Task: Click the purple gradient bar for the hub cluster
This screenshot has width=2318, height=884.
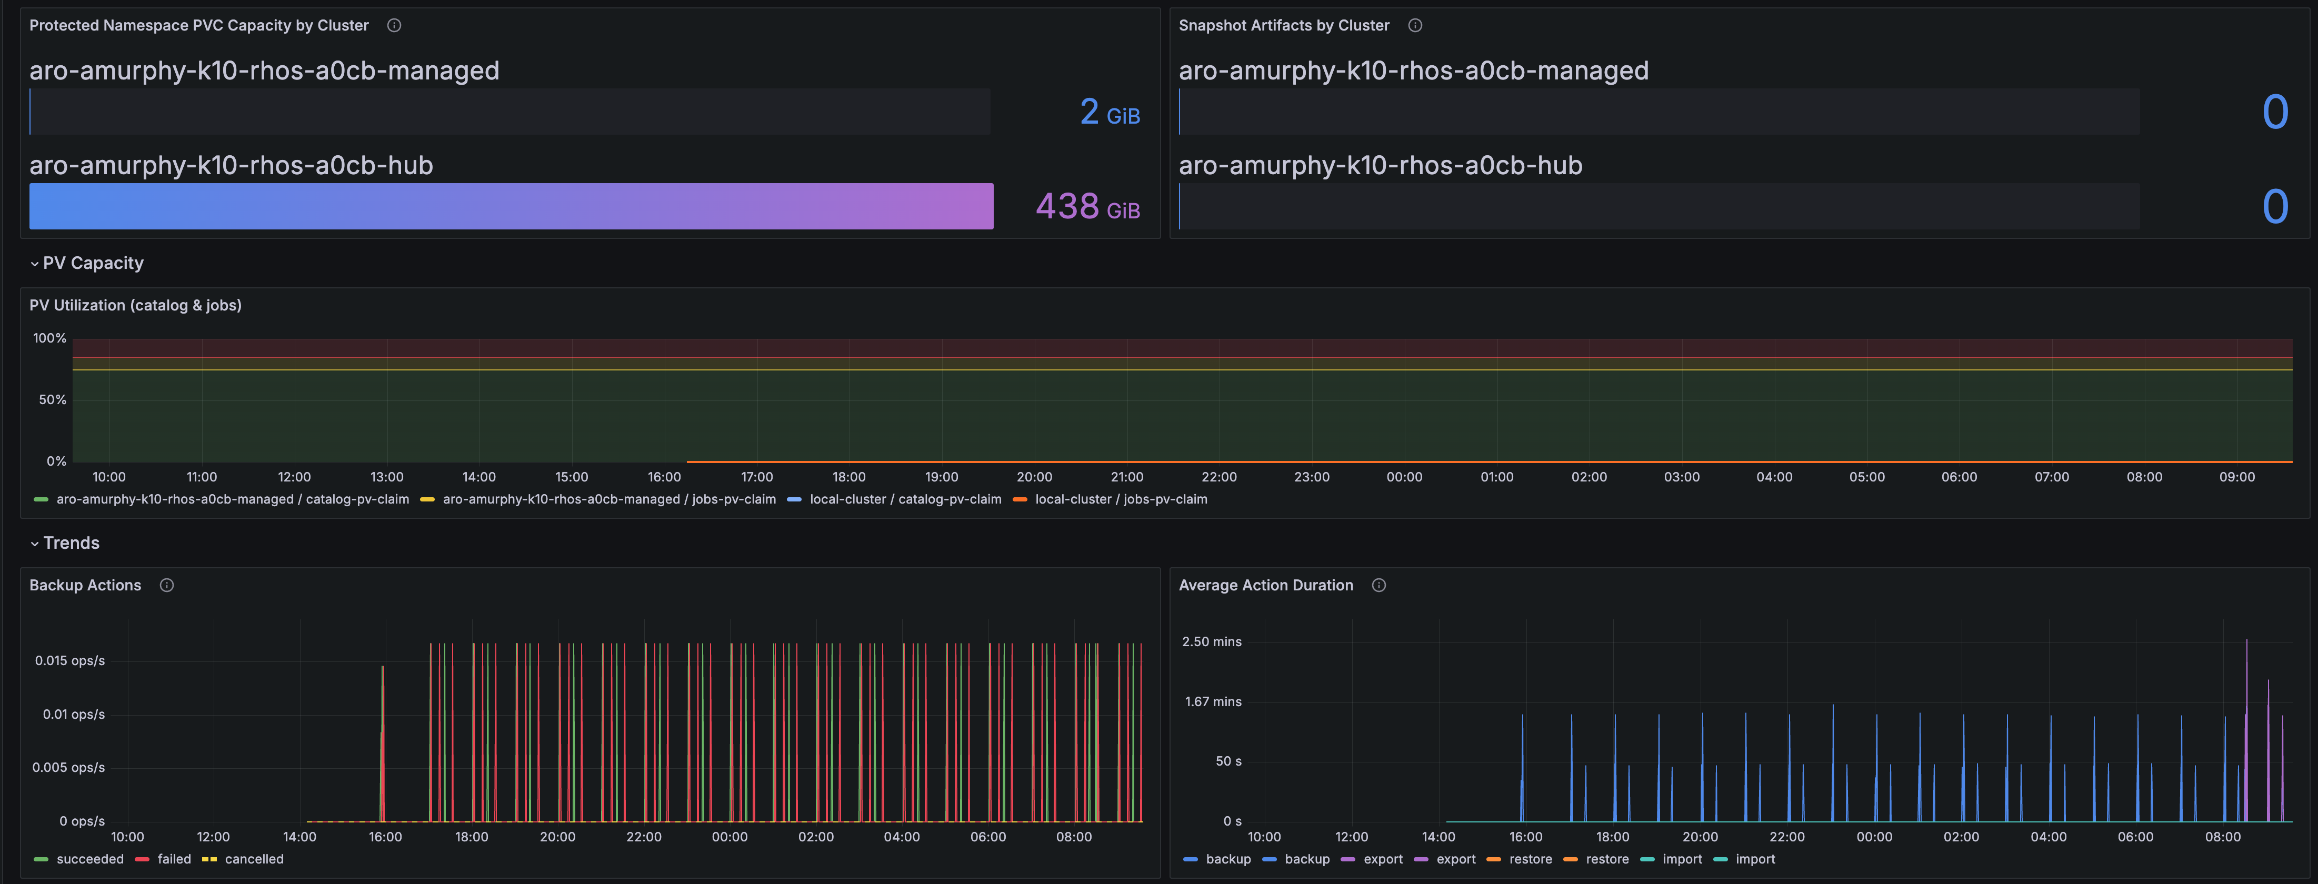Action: (511, 206)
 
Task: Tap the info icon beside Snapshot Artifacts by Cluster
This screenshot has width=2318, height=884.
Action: (1415, 25)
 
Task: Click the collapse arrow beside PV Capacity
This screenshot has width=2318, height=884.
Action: (34, 264)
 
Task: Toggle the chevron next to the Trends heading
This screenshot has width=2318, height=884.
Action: (34, 543)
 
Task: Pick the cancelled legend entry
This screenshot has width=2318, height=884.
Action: (243, 859)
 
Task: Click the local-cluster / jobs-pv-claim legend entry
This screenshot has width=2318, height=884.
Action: (1111, 499)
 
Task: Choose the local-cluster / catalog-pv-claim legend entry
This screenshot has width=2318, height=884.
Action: (894, 499)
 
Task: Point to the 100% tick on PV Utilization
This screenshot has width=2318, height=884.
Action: (49, 338)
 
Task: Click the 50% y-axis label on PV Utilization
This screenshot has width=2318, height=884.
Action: (52, 399)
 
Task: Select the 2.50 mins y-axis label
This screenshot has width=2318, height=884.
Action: (1211, 641)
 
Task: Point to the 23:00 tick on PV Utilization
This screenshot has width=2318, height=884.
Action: (1312, 477)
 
